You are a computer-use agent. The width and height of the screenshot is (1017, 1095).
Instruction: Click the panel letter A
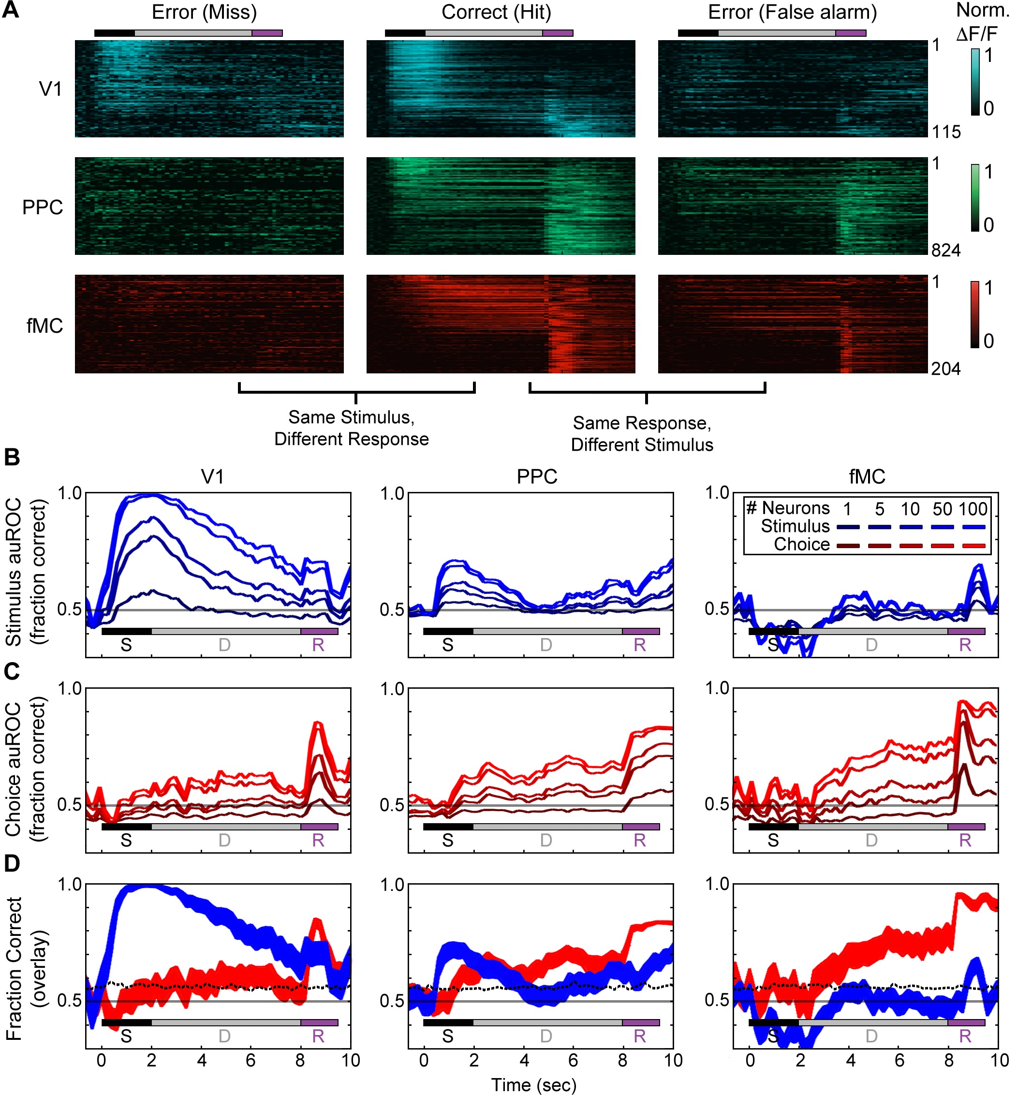(11, 11)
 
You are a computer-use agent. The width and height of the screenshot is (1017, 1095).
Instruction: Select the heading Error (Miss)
(204, 12)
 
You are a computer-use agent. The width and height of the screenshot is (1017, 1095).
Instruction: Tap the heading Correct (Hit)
(496, 12)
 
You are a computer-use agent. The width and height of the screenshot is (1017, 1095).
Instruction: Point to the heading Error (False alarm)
(793, 12)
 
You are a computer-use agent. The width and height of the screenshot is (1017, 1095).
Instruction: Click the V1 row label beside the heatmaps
(51, 89)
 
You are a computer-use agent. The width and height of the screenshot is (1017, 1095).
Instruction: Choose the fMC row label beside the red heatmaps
(44, 326)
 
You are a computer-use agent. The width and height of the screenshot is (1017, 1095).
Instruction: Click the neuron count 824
(946, 251)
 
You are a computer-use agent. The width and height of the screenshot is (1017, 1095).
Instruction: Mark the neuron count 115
(946, 132)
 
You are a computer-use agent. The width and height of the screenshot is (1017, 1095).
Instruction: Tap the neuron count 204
(946, 369)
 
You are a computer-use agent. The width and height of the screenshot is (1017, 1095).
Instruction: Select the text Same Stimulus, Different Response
(352, 428)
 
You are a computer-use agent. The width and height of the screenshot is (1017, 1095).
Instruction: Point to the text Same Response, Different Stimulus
(642, 433)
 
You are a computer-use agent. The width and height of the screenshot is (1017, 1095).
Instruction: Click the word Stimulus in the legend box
(795, 527)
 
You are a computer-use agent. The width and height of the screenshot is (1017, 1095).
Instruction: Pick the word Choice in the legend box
(802, 545)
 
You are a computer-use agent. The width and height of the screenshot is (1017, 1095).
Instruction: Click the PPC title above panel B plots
(537, 476)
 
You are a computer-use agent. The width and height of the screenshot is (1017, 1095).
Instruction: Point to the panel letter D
(12, 863)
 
